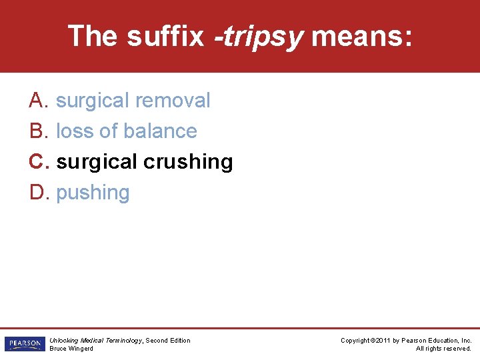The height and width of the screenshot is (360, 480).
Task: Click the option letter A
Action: pos(37,101)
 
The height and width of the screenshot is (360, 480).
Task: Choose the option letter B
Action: pos(37,131)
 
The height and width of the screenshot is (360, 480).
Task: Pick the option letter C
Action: pos(37,162)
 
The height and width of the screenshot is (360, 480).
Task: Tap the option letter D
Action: pos(37,193)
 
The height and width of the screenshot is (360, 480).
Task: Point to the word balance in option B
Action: pos(164,131)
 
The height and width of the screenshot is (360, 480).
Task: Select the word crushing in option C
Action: pos(197,162)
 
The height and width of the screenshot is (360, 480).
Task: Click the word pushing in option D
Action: pos(93,193)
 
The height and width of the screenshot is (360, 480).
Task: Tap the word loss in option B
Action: pos(75,131)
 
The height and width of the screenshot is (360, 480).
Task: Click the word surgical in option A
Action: pos(93,101)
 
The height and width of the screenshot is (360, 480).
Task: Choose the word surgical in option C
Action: pos(93,162)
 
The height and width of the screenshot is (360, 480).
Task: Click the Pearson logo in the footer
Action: pos(23,344)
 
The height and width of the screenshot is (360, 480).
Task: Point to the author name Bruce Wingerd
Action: pos(71,348)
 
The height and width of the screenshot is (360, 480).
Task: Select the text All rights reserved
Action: pos(443,348)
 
